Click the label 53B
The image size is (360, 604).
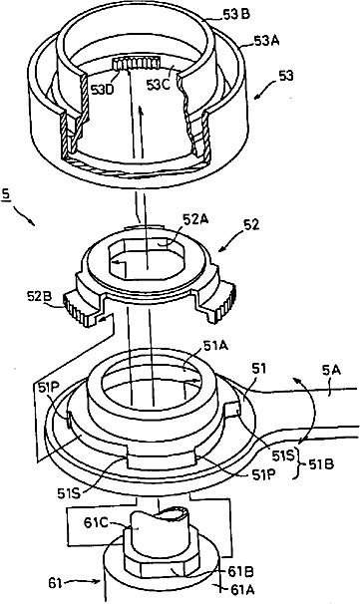pyautogui.click(x=236, y=15)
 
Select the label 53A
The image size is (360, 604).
pyautogui.click(x=267, y=41)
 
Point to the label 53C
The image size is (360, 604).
pyautogui.click(x=158, y=85)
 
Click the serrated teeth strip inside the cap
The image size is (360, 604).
pyautogui.click(x=137, y=62)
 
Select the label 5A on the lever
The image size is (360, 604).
pyautogui.click(x=331, y=373)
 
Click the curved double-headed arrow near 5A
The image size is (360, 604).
pyautogui.click(x=306, y=410)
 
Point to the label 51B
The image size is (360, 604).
pyautogui.click(x=321, y=464)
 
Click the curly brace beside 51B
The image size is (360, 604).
pyautogui.click(x=299, y=464)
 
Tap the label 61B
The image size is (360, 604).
pyautogui.click(x=240, y=572)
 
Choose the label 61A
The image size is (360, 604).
pyautogui.click(x=241, y=589)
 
